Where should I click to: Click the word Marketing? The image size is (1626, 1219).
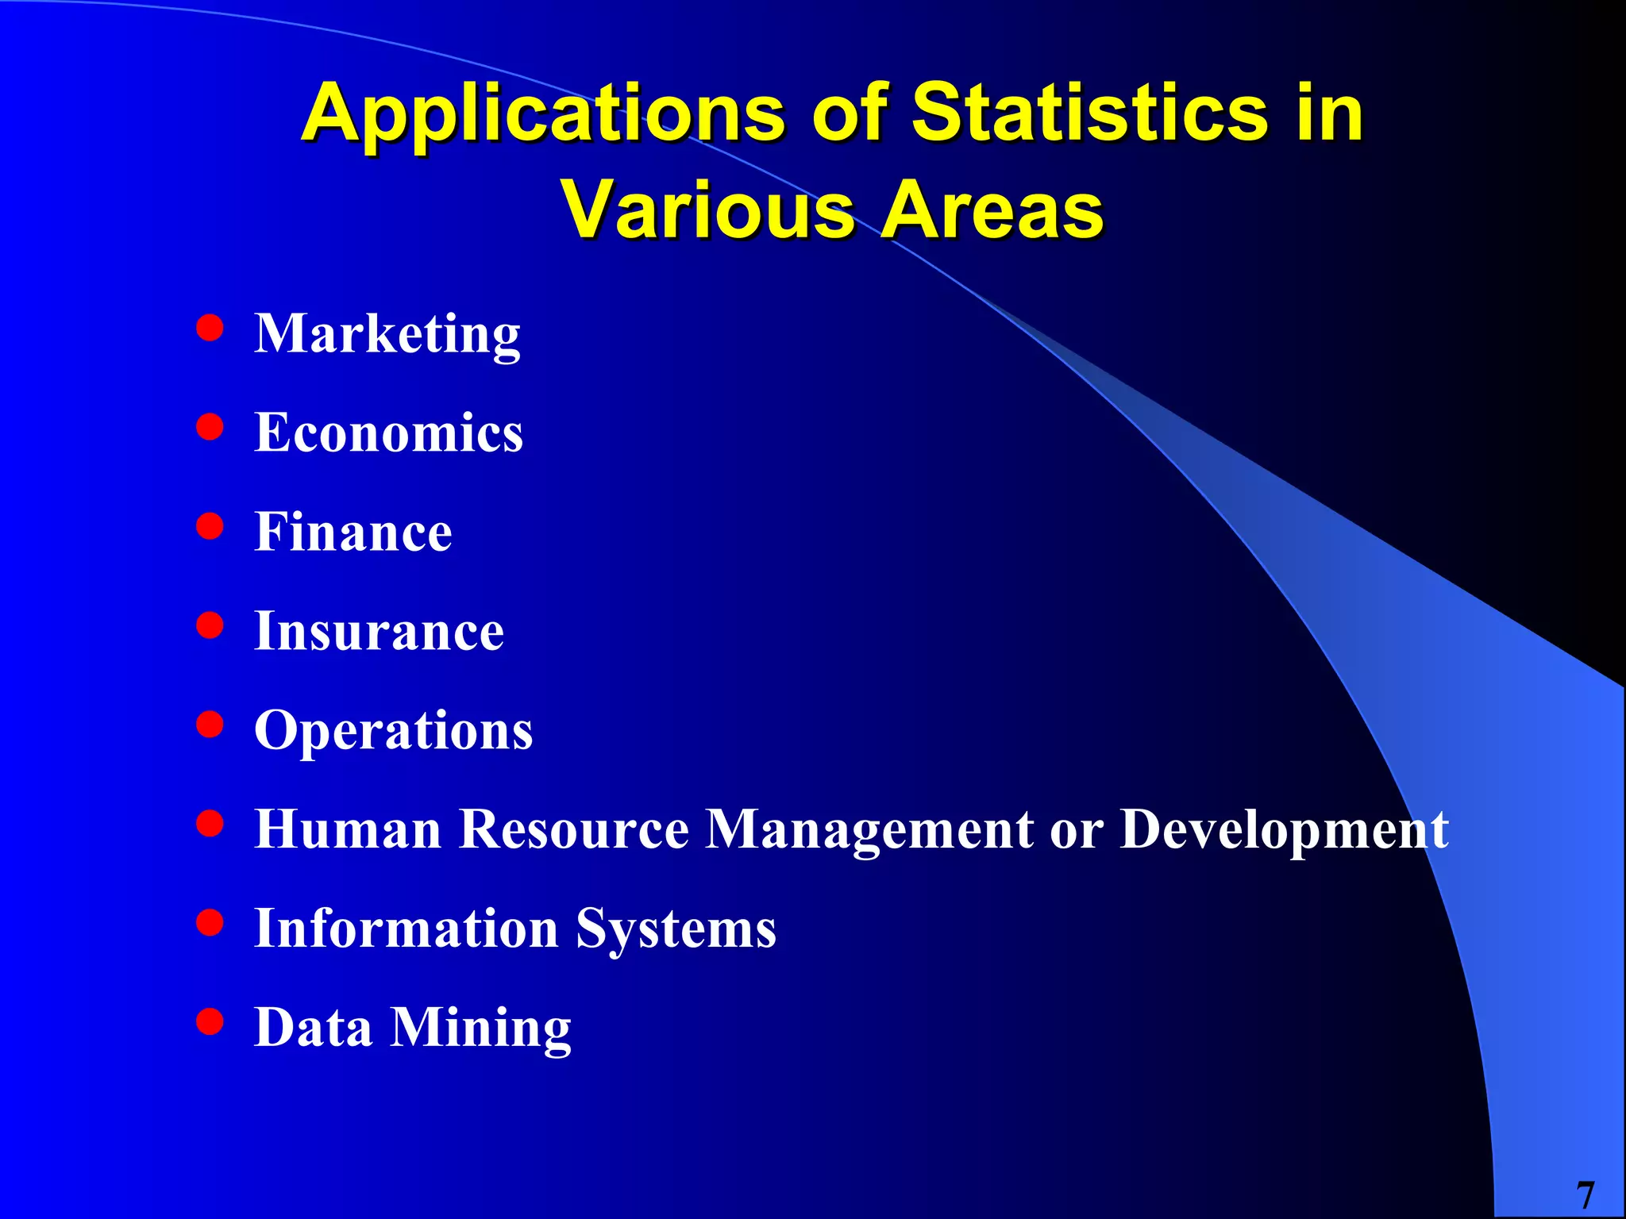tap(387, 334)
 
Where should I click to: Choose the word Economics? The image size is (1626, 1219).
tap(388, 433)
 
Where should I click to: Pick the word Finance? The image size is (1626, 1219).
tap(353, 532)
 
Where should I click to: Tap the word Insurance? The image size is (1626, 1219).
tap(379, 632)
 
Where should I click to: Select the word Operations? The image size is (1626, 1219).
tap(393, 731)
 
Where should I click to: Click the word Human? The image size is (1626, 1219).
tap(348, 829)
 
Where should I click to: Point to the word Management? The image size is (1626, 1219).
tap(869, 830)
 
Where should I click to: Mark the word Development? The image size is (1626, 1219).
tap(1284, 830)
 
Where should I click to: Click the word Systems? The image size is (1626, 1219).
tap(676, 929)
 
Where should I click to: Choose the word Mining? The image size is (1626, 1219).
tap(480, 1029)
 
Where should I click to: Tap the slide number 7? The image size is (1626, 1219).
tap(1585, 1195)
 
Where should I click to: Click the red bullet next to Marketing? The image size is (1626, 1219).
tap(210, 328)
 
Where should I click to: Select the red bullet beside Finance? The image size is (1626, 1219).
tap(210, 526)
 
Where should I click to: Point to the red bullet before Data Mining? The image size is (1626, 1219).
tap(210, 1022)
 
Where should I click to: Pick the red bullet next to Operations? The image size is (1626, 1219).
tap(210, 725)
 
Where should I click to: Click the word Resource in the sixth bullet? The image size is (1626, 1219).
tap(574, 829)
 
